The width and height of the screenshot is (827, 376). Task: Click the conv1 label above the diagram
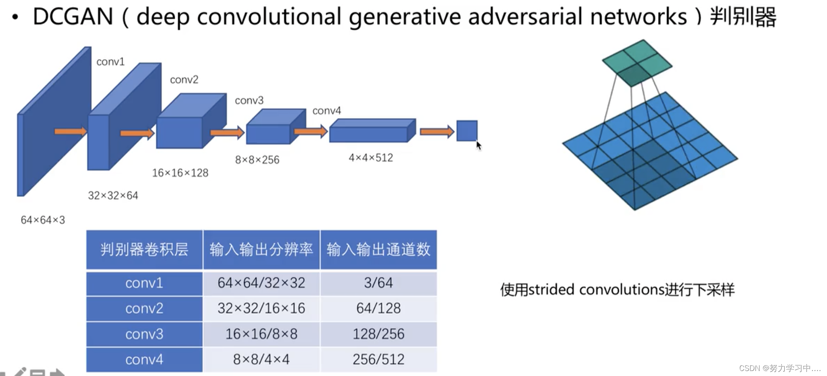[110, 62]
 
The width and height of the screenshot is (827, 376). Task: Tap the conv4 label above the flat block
[327, 111]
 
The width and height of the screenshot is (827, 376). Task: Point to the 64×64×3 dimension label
[43, 220]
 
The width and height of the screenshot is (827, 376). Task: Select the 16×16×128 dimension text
[180, 173]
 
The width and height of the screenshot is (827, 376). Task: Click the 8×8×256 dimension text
[257, 160]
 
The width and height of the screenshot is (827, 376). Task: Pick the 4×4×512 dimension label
[370, 158]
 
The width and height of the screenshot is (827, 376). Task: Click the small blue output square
[467, 131]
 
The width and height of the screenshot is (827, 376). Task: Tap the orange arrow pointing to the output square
[436, 132]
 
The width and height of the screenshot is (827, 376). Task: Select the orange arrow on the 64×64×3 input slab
[70, 132]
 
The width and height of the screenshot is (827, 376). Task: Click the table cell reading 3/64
[378, 283]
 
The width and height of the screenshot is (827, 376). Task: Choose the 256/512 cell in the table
[378, 359]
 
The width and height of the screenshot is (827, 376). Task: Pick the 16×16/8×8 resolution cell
[261, 334]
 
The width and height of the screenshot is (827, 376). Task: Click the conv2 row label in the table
[144, 309]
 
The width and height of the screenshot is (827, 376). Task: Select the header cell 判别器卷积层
[144, 249]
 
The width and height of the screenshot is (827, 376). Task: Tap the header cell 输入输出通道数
[378, 249]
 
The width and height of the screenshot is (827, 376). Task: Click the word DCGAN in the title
[73, 17]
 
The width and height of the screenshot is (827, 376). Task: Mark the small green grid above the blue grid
[637, 63]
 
